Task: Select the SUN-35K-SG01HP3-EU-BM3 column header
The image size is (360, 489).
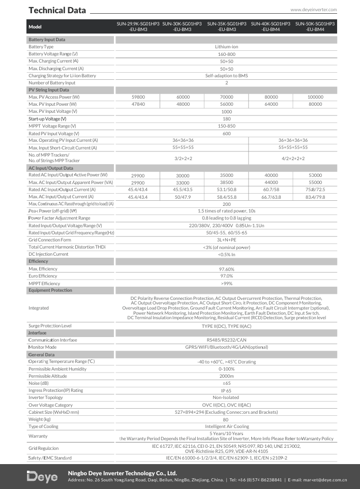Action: (x=227, y=27)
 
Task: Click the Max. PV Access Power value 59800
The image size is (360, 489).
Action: (x=138, y=97)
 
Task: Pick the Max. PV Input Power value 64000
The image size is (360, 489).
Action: (x=271, y=104)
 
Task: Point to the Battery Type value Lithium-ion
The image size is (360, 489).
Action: (x=226, y=47)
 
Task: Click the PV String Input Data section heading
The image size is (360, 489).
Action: (x=49, y=90)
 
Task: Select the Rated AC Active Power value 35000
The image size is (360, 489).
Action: (x=227, y=175)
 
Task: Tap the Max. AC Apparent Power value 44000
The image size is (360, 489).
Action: (x=271, y=182)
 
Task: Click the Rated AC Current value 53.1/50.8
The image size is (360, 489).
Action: (x=227, y=189)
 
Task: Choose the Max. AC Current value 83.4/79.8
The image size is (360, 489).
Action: (x=315, y=197)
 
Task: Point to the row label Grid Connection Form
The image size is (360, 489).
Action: (x=50, y=239)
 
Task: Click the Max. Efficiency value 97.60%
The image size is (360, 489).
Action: (x=226, y=269)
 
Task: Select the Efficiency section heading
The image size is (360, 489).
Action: (x=39, y=261)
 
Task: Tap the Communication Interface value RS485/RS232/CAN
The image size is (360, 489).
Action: (x=226, y=340)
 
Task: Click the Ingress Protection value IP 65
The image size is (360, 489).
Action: (x=226, y=390)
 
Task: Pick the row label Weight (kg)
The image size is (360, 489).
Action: (x=40, y=419)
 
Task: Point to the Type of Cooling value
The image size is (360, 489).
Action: (x=226, y=426)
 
